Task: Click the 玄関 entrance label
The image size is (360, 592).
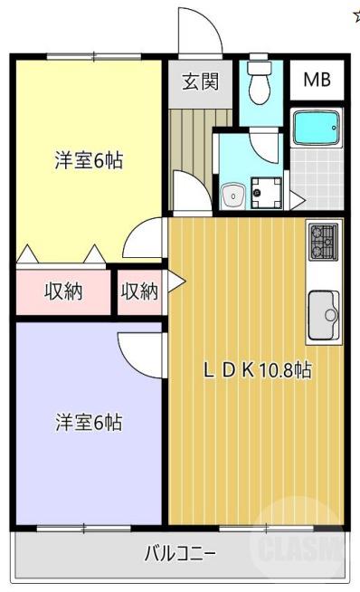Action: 200,81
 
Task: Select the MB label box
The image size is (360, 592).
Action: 316,80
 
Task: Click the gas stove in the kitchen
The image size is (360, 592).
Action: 323,241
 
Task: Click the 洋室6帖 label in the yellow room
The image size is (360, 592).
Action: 88,161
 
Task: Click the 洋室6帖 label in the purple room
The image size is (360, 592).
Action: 88,421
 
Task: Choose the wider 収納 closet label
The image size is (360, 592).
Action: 63,291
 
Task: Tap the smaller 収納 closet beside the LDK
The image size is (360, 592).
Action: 139,291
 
